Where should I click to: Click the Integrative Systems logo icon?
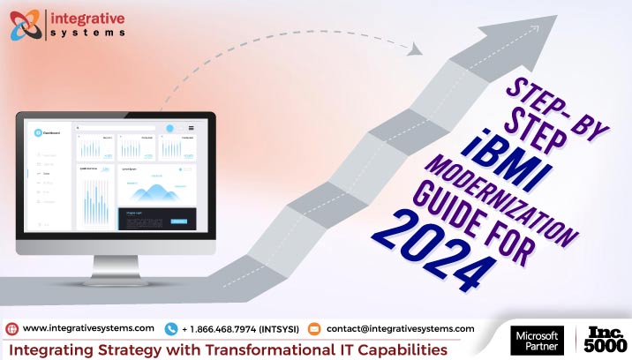[27, 23]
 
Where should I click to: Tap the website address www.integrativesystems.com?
[88, 328]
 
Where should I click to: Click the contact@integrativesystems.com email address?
[400, 328]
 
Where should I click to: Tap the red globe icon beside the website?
[12, 329]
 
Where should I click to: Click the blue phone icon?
[170, 329]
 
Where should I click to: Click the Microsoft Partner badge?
[536, 340]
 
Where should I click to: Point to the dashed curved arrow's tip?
[418, 49]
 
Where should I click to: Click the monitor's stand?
[115, 270]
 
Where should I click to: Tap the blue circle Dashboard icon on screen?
[38, 132]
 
